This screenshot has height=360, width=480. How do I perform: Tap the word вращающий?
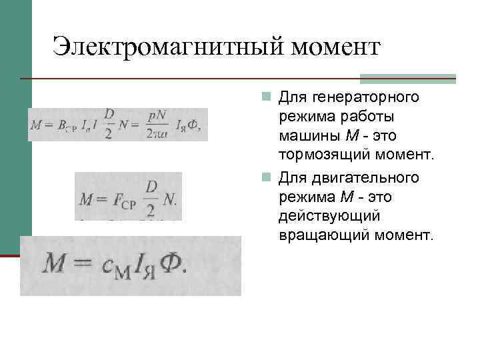[x=323, y=235]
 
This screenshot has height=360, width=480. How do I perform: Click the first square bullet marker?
[x=266, y=98]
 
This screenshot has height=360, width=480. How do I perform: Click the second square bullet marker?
[x=266, y=178]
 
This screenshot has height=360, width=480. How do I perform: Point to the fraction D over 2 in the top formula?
[x=109, y=123]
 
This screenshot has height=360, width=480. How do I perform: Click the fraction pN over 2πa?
[x=157, y=124]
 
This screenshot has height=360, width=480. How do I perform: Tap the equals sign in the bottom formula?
[x=83, y=265]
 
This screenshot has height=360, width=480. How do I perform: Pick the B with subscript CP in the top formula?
[x=66, y=125]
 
